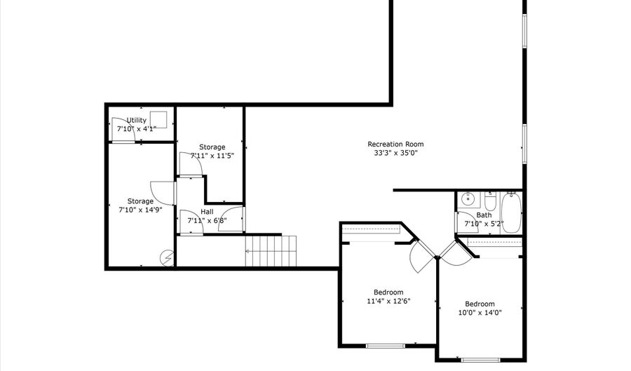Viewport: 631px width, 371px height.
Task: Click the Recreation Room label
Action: [x=395, y=144]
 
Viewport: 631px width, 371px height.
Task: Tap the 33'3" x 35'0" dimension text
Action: [x=395, y=154]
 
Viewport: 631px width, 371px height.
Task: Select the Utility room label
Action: [x=137, y=121]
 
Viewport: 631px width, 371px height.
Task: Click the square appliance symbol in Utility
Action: [x=160, y=119]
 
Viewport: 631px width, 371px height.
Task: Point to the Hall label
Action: [x=208, y=211]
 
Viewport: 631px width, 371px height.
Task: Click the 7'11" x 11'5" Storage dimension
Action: [x=212, y=156]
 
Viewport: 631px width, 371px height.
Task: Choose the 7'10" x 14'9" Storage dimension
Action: [x=140, y=210]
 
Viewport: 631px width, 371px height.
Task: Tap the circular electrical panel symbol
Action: [x=167, y=258]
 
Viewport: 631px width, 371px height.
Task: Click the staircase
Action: [x=271, y=251]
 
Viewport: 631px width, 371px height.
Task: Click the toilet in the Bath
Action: [x=490, y=201]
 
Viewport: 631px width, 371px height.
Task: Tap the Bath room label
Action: [x=484, y=215]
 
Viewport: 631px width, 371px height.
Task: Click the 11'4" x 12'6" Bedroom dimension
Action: [x=388, y=301]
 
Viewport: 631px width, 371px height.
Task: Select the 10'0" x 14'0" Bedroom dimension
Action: [x=480, y=313]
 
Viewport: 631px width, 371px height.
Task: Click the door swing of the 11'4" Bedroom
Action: [x=423, y=257]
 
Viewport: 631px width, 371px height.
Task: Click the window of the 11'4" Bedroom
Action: [x=386, y=345]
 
